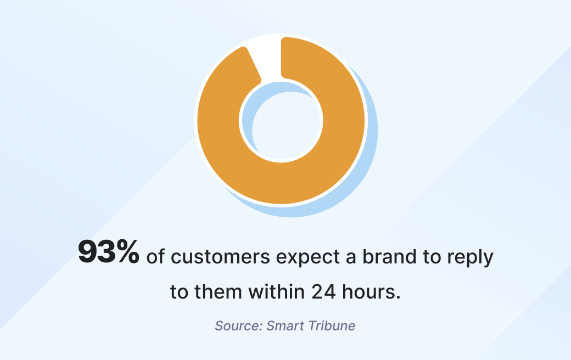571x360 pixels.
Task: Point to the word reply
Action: (472, 258)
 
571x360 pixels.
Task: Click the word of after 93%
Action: (156, 257)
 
